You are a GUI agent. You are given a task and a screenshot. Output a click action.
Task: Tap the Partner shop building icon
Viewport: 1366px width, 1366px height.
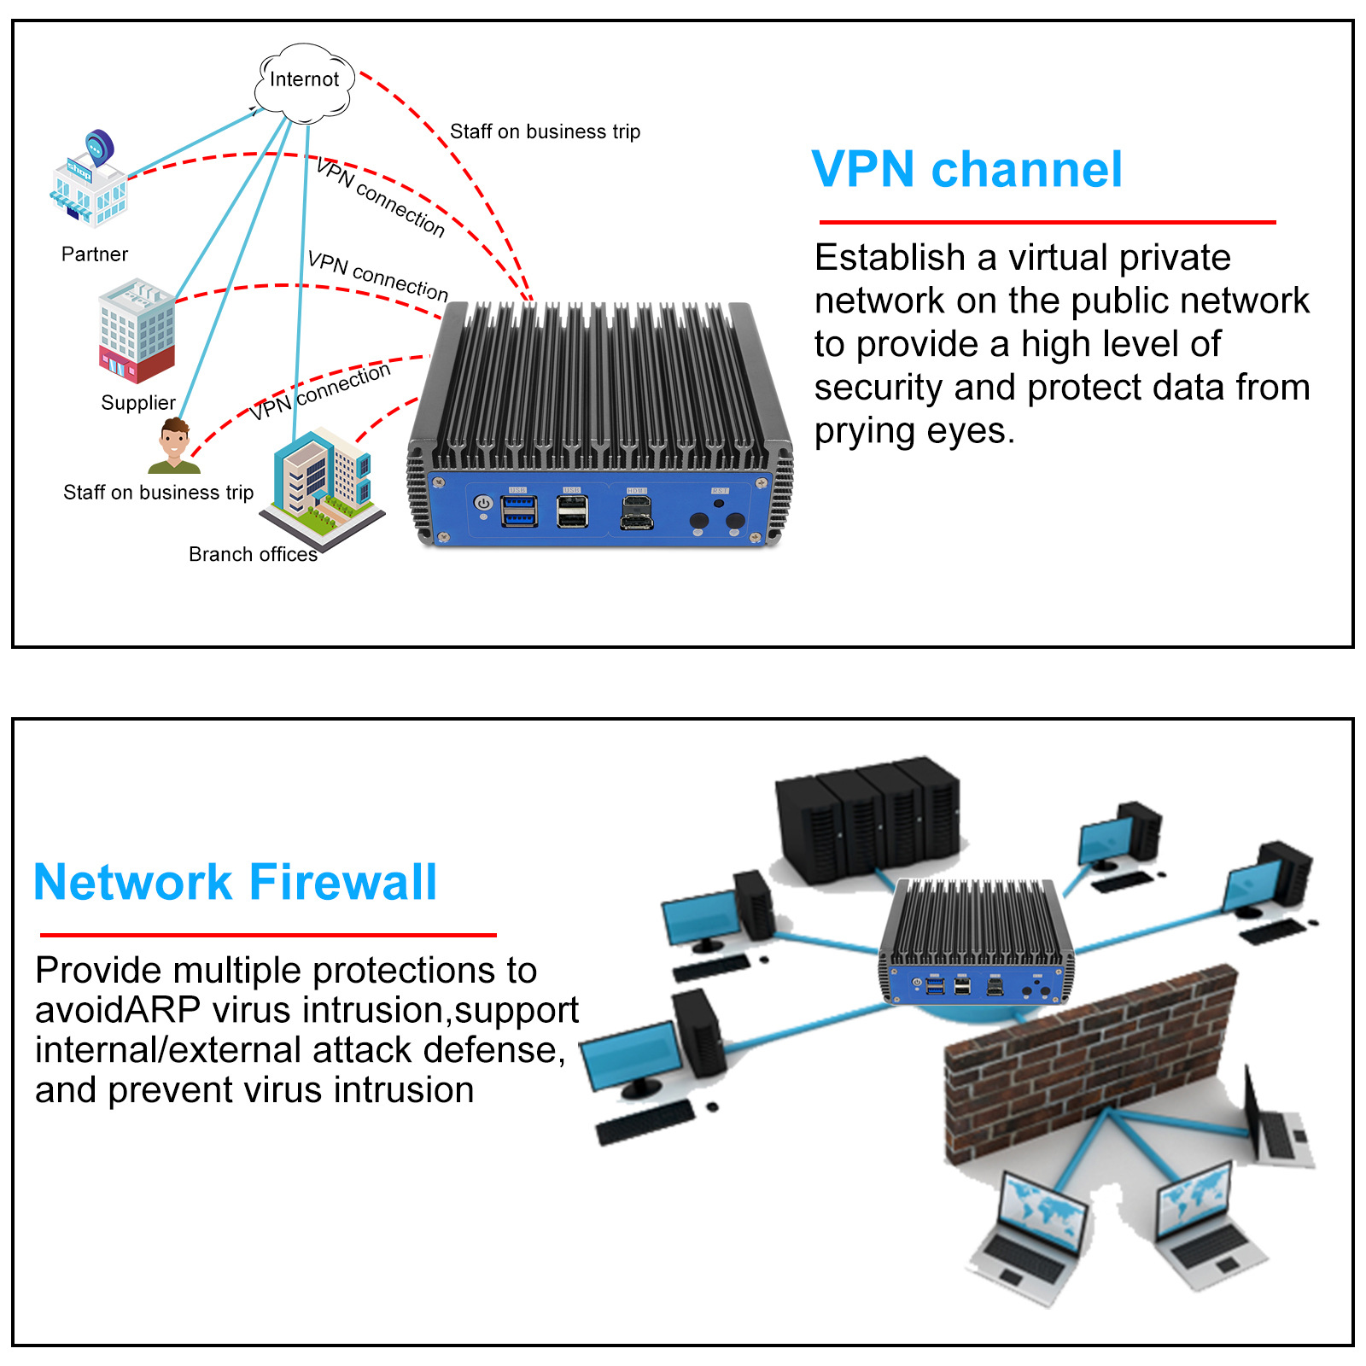pyautogui.click(x=89, y=184)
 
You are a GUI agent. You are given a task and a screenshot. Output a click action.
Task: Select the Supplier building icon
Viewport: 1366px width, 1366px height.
pyautogui.click(x=137, y=330)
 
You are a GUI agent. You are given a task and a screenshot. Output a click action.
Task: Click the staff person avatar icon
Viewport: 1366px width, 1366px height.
pyautogui.click(x=175, y=446)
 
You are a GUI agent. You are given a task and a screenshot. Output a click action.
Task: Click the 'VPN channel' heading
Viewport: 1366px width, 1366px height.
pyautogui.click(x=966, y=169)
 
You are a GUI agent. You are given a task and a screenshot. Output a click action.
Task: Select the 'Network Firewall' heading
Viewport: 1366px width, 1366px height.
pyautogui.click(x=236, y=882)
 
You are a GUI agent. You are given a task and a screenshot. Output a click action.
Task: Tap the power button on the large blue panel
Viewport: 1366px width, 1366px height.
pyautogui.click(x=483, y=504)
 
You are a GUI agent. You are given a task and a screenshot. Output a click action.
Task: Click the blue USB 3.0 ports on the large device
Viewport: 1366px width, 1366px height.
pyautogui.click(x=519, y=511)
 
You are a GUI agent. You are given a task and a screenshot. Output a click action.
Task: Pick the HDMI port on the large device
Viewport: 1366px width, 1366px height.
pyautogui.click(x=636, y=511)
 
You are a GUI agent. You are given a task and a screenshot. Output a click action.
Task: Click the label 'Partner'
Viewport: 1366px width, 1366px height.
pyautogui.click(x=95, y=254)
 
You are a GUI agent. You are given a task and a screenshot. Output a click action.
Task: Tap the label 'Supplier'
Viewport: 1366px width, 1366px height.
pyautogui.click(x=138, y=403)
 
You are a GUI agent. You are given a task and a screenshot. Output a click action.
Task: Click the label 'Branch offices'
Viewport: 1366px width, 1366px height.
pyautogui.click(x=253, y=555)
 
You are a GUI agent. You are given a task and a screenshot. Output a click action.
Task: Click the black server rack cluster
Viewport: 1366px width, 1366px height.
pyautogui.click(x=867, y=820)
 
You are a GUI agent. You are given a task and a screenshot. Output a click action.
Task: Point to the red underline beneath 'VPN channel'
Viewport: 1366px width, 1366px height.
pyautogui.click(x=1047, y=222)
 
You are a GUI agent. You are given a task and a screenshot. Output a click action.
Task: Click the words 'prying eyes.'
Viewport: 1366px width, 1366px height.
pyautogui.click(x=914, y=431)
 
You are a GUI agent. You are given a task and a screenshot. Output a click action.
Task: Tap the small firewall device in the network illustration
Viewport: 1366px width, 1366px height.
pyautogui.click(x=976, y=943)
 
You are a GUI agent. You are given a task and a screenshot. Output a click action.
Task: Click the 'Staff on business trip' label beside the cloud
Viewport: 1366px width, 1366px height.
pyautogui.click(x=545, y=131)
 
